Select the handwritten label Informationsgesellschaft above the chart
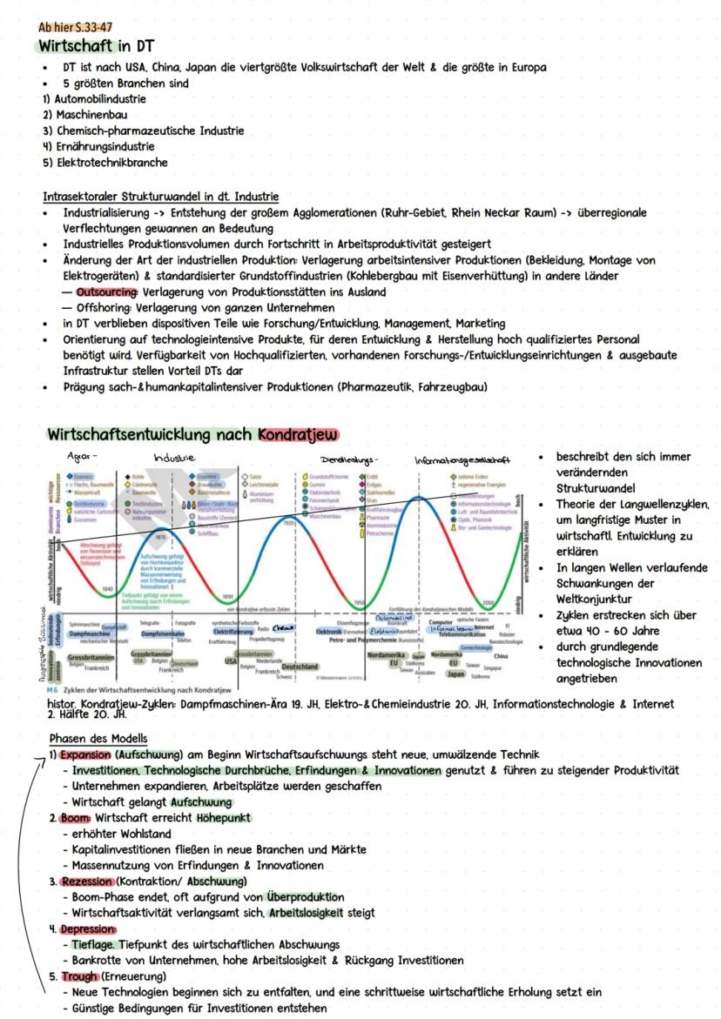[x=462, y=459]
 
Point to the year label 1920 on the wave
[x=287, y=523]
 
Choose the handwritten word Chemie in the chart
[x=283, y=627]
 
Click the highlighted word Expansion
[x=85, y=754]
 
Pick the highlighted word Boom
[x=74, y=818]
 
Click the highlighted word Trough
[x=78, y=976]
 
